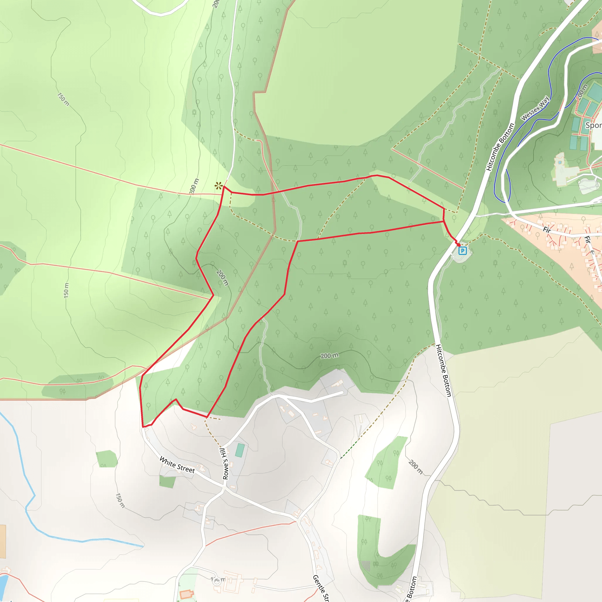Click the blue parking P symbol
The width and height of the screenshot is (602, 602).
[x=462, y=250]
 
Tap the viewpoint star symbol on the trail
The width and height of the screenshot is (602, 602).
[x=219, y=186]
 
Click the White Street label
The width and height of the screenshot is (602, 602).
[x=177, y=465]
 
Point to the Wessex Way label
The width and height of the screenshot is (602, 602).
[x=535, y=108]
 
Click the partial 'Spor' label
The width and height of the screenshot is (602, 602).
[x=593, y=125]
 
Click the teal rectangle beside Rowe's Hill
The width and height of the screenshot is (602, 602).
[x=240, y=451]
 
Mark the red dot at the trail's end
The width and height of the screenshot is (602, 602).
[x=459, y=245]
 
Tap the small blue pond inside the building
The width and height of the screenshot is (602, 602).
[x=560, y=162]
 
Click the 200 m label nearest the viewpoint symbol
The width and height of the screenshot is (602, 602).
[x=194, y=186]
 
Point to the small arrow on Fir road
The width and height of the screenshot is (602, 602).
[x=593, y=252]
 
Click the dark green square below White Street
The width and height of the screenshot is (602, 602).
[x=167, y=481]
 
